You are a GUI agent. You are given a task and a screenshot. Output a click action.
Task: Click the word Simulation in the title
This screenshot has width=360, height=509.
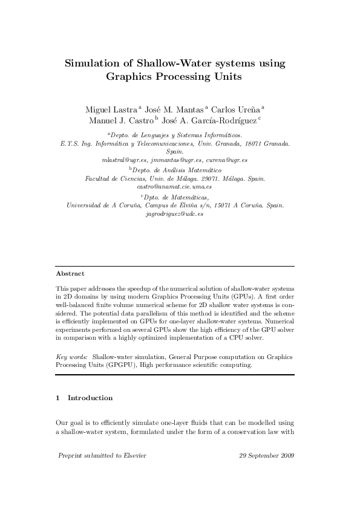(x=93, y=63)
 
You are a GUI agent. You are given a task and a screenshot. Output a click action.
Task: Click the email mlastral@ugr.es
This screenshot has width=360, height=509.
(x=125, y=160)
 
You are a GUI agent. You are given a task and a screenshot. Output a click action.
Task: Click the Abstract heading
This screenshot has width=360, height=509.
(x=70, y=273)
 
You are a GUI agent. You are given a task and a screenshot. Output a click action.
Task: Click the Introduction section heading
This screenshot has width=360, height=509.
(x=90, y=398)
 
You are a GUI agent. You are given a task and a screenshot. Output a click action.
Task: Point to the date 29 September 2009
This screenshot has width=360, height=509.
(x=266, y=455)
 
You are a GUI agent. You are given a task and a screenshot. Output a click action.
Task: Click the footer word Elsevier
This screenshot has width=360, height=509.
(x=133, y=455)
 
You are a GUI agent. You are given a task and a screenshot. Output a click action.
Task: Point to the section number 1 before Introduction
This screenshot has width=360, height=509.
(x=57, y=398)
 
